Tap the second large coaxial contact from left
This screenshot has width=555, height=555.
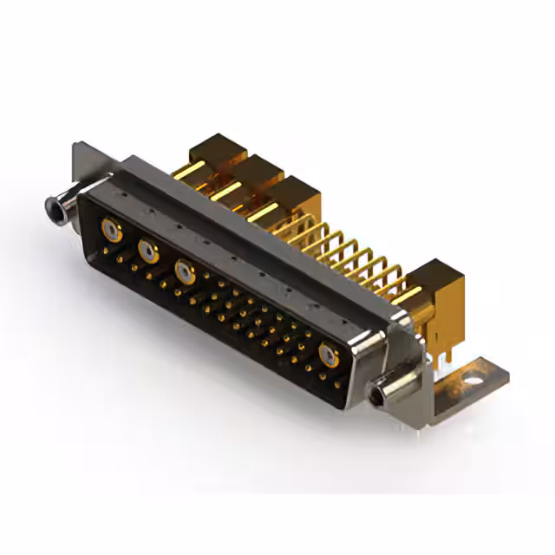tap(148, 251)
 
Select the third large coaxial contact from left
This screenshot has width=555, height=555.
tap(184, 271)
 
